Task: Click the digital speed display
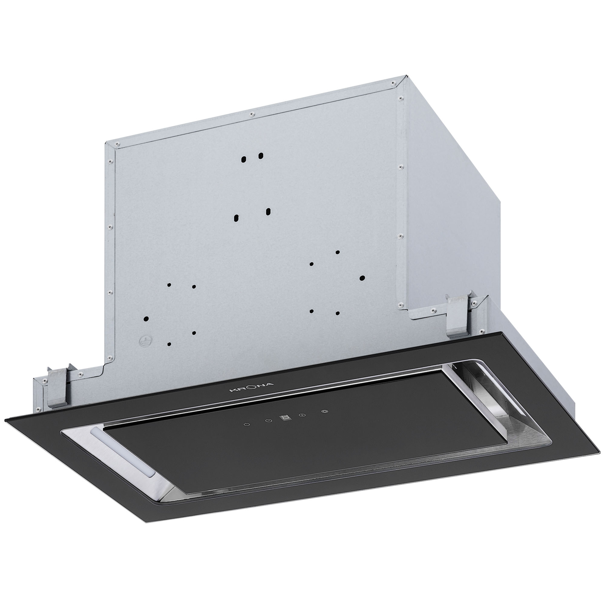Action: [x=284, y=418]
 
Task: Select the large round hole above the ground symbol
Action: [x=146, y=318]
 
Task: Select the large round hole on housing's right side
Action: [x=362, y=278]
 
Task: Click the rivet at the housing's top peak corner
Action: [x=392, y=83]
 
